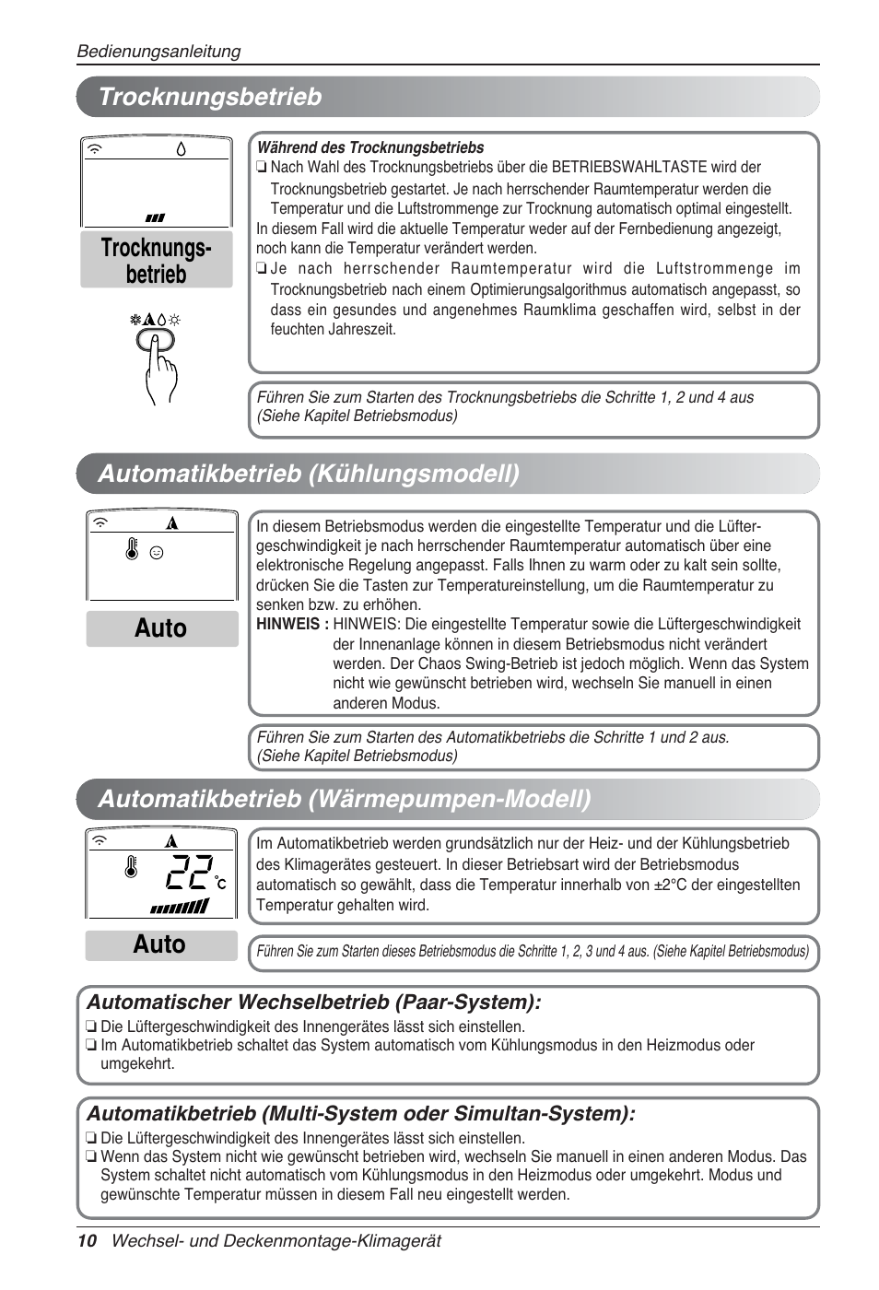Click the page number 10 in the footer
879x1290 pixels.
point(87,1240)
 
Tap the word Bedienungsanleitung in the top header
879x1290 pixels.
point(158,52)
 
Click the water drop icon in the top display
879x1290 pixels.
point(181,148)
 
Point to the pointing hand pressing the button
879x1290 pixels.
point(160,369)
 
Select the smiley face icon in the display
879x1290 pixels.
point(157,553)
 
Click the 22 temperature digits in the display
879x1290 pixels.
point(191,871)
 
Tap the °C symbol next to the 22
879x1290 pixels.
point(221,883)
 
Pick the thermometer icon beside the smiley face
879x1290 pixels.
point(133,550)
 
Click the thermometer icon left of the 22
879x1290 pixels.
point(131,867)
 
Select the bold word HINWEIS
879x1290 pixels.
point(292,624)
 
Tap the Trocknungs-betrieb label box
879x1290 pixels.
point(156,261)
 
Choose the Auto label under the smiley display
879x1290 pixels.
point(161,628)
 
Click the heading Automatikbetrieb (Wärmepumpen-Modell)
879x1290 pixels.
point(345,798)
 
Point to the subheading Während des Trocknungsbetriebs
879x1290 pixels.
point(369,147)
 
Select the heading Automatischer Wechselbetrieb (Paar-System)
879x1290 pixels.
point(313,1002)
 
